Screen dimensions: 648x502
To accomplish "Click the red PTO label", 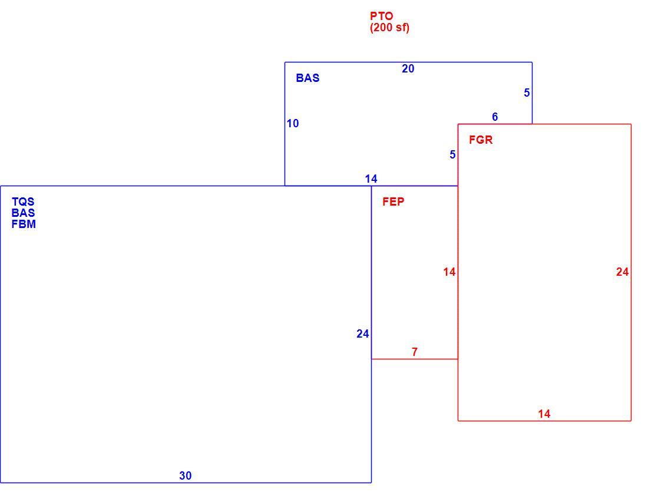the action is point(382,16).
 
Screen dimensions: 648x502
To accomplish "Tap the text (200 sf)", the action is point(390,28).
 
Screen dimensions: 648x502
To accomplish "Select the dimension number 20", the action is point(408,69).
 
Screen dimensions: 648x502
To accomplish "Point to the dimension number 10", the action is point(293,123).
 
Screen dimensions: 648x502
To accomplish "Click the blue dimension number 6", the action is point(495,117).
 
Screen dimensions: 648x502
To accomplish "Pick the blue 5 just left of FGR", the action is point(452,154).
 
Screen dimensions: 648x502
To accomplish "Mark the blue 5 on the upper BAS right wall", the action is point(527,93).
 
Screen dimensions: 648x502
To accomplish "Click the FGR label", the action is point(481,140).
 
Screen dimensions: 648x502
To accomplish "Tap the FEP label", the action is point(394,202).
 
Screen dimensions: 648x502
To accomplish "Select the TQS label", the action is point(23,202).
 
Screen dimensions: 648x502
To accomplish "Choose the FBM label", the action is point(24,224).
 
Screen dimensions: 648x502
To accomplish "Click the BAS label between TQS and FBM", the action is point(23,213).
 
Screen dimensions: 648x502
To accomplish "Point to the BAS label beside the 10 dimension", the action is point(308,78).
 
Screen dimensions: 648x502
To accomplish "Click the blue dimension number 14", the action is point(371,179).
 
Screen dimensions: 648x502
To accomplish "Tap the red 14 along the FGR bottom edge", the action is point(544,414).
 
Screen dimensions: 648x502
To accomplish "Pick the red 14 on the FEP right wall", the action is point(449,272).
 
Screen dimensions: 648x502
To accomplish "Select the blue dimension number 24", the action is point(362,333).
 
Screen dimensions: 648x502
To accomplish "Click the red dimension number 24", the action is point(623,272).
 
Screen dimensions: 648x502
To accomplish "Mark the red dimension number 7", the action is point(415,352).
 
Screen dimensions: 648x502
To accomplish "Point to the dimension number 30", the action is point(185,476).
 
